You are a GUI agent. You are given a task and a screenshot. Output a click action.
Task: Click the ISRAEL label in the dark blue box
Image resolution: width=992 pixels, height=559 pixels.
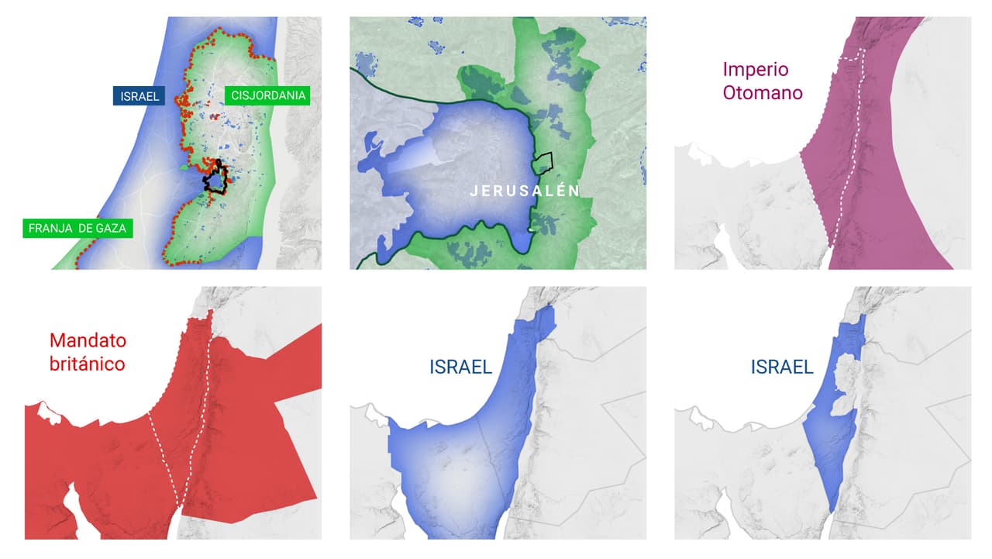click(139, 96)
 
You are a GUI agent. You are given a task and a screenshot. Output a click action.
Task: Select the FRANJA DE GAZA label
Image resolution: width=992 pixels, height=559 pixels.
click(77, 229)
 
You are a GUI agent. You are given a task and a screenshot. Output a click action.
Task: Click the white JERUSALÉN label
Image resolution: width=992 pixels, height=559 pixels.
click(525, 191)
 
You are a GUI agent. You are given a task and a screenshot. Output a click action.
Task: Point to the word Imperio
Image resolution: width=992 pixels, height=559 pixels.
click(756, 70)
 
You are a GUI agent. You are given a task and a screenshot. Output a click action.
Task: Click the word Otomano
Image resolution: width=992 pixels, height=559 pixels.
click(762, 93)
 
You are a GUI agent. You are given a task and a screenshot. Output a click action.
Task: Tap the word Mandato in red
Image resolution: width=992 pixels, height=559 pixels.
click(88, 340)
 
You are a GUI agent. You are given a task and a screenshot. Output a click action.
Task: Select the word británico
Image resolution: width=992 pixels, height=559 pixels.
click(88, 364)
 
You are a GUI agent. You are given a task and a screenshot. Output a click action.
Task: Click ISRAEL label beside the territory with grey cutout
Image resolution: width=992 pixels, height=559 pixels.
click(782, 367)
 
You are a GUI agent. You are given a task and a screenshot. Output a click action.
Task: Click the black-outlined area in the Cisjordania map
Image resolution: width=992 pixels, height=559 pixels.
click(215, 180)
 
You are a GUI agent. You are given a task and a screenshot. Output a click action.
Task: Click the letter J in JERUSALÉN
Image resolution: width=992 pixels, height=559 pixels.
click(474, 191)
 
